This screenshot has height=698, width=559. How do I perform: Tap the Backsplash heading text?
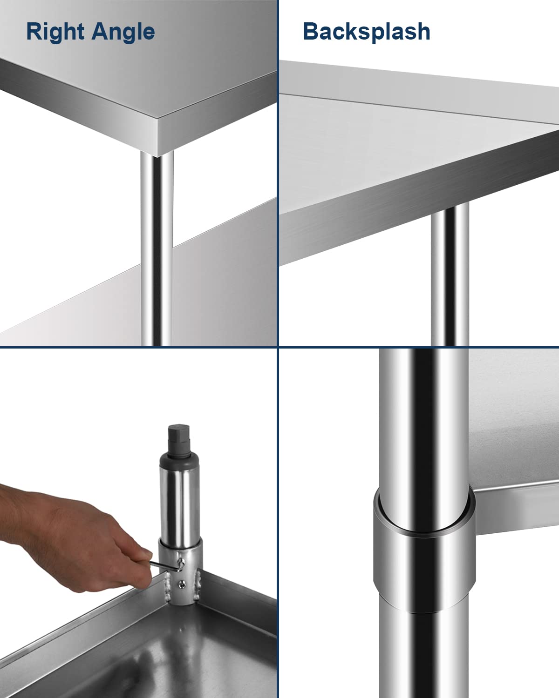pyautogui.click(x=367, y=32)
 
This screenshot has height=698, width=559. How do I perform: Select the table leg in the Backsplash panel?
pyautogui.click(x=449, y=275)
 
